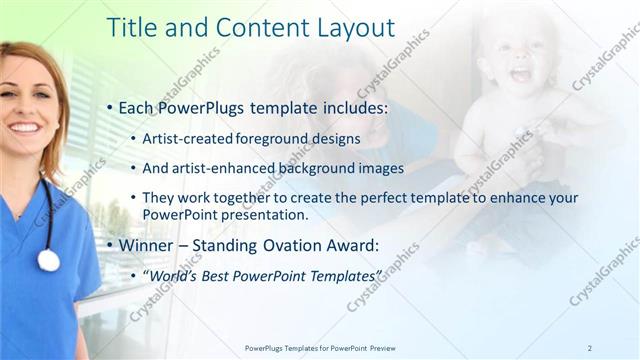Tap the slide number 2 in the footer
590,348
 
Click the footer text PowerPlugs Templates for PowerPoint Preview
321,348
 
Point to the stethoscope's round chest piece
48,260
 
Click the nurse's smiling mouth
26,128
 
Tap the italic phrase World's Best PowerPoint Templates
264,275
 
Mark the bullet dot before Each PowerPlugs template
110,107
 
